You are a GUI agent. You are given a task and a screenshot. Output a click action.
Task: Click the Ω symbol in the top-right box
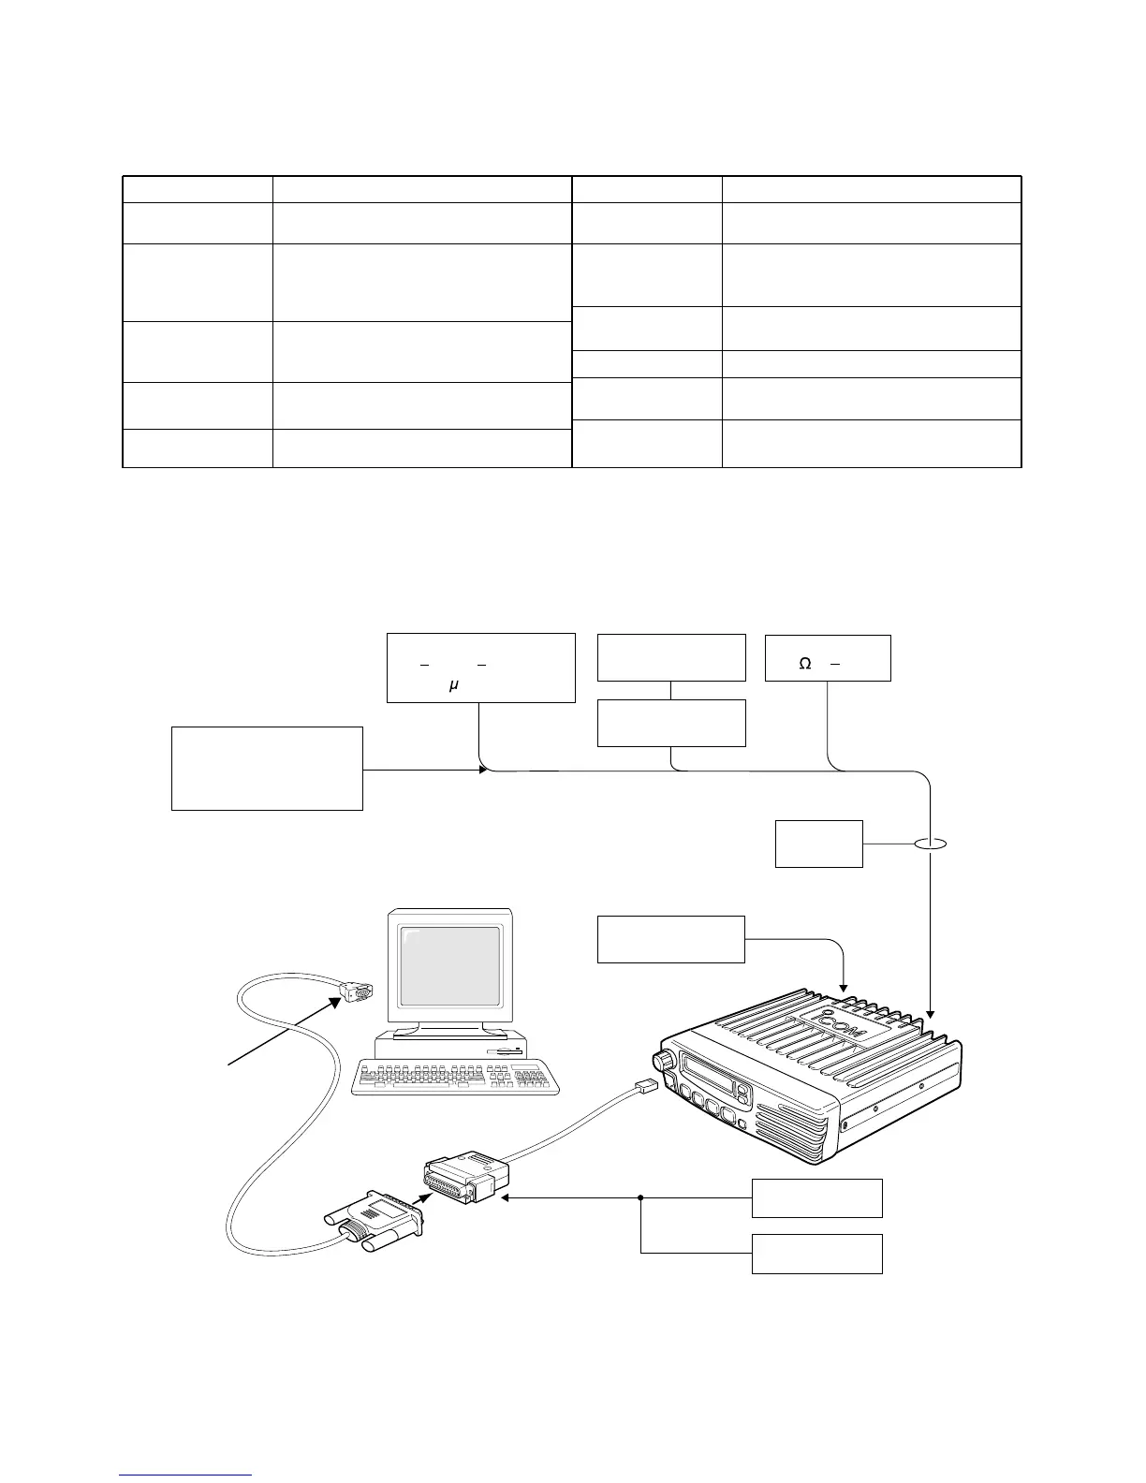pyautogui.click(x=804, y=664)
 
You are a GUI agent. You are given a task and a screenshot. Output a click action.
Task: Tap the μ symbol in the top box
pyautogui.click(x=453, y=685)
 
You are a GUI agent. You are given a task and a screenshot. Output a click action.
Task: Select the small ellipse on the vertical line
pyautogui.click(x=931, y=845)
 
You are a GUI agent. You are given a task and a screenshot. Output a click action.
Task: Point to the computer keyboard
pyautogui.click(x=456, y=1076)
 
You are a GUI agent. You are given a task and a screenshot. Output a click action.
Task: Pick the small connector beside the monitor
pyautogui.click(x=357, y=991)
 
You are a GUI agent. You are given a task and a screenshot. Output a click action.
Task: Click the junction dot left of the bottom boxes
pyautogui.click(x=641, y=1197)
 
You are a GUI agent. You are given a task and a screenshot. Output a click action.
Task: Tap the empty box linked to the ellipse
pyautogui.click(x=819, y=844)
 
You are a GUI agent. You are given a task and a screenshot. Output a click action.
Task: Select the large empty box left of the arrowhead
pyautogui.click(x=267, y=768)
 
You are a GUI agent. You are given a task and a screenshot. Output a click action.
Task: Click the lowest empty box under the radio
pyautogui.click(x=817, y=1254)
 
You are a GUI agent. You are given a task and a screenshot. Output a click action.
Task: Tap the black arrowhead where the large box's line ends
pyautogui.click(x=483, y=770)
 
